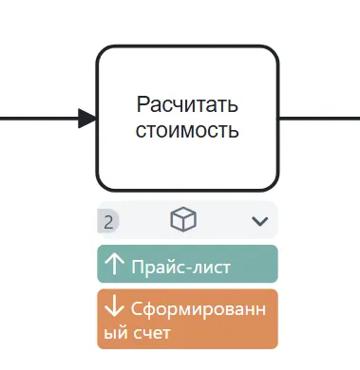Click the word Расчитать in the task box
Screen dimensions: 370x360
click(x=187, y=104)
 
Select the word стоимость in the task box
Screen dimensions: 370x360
click(x=187, y=129)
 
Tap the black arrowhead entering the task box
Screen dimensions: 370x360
click(x=86, y=119)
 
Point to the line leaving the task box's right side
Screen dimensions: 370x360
click(x=318, y=119)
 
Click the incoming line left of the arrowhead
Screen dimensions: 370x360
click(x=38, y=119)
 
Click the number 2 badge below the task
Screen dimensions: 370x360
click(x=108, y=222)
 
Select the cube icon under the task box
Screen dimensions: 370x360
click(x=183, y=220)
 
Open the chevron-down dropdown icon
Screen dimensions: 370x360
click(x=260, y=222)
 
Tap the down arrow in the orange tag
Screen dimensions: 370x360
click(x=114, y=309)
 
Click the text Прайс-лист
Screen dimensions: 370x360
click(x=180, y=267)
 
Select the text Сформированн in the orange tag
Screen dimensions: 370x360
click(x=201, y=310)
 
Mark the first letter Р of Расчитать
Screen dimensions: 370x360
click(x=142, y=104)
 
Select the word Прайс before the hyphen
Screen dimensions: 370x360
click(x=157, y=267)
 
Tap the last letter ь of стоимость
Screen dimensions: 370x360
click(x=233, y=129)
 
